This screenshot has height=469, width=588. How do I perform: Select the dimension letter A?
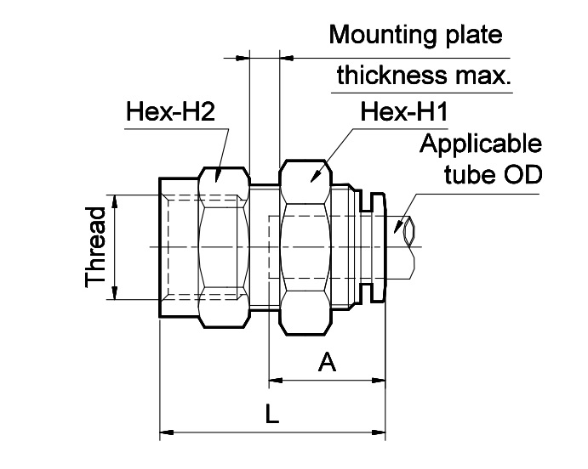pyautogui.click(x=327, y=364)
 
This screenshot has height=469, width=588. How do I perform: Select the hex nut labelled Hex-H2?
pyautogui.click(x=223, y=246)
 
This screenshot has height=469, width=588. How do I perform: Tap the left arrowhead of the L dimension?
pyautogui.click(x=167, y=433)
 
